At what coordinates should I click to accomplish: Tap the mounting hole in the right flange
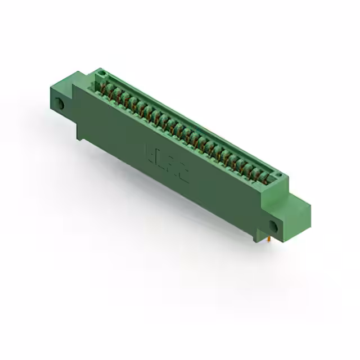point(273,226)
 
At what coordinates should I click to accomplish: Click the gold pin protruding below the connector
point(270,240)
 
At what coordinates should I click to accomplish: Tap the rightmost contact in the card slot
point(268,177)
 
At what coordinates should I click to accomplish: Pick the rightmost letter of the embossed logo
point(183,171)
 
